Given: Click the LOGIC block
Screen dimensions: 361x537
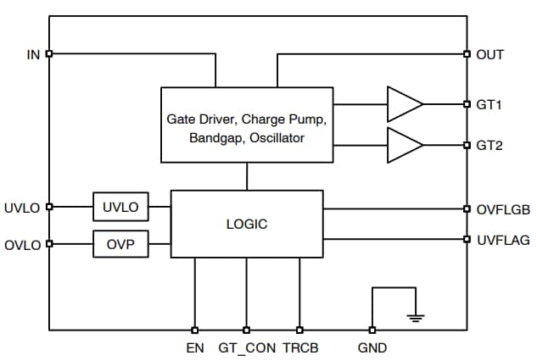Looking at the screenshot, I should point(247,225).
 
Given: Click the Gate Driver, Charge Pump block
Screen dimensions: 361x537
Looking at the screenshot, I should point(246,125).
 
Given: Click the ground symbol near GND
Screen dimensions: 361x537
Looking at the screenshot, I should point(415,317).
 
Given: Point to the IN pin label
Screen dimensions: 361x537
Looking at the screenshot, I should point(33,54).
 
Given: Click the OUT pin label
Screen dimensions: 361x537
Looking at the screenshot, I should point(489,54).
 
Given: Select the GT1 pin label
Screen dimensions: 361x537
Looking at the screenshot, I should point(489,104).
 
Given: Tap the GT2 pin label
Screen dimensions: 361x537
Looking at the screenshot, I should point(489,145).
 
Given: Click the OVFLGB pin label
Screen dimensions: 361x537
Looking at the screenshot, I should point(500,208).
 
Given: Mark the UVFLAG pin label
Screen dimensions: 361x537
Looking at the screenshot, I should point(500,240).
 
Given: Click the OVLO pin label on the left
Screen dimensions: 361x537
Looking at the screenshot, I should point(22,245).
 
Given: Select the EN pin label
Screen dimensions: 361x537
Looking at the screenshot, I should point(195,347).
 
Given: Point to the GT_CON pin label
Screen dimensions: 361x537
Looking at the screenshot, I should point(247,347).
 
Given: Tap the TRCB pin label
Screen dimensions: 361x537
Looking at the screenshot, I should point(300,347).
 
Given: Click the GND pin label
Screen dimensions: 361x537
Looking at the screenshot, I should point(372,347).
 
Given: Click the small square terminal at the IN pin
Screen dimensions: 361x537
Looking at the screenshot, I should point(49,54).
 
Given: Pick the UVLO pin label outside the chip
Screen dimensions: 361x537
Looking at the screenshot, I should point(22,207).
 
